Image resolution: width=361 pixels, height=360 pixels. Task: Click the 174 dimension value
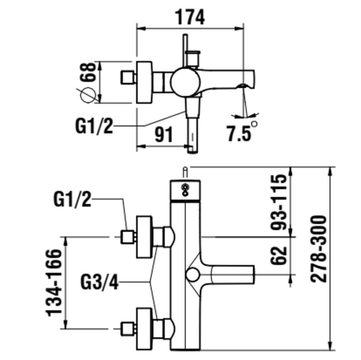(190, 17)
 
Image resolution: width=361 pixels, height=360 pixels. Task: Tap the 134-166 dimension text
(55, 282)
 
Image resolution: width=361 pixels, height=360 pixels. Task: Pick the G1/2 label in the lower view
(72, 199)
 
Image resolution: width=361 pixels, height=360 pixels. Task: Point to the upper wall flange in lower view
(144, 237)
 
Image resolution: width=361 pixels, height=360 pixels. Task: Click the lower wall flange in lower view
(144, 329)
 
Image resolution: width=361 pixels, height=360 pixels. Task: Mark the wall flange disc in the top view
(144, 82)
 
